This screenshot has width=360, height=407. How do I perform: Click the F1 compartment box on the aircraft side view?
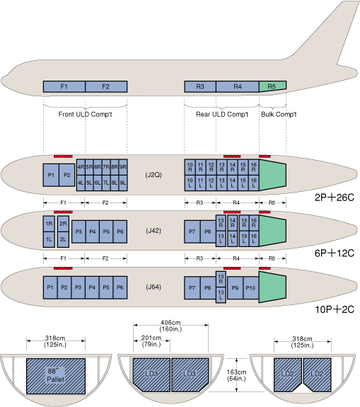click(64, 86)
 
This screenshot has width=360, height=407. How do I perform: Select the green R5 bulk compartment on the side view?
click(272, 86)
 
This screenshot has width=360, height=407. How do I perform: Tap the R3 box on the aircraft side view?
click(200, 86)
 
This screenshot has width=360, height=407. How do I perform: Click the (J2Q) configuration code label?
click(153, 175)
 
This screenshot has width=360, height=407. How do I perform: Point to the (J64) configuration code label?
click(153, 287)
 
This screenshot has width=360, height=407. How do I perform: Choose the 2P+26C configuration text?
click(335, 197)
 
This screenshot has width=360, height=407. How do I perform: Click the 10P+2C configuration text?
click(335, 309)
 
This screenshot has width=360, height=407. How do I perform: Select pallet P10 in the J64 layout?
click(251, 288)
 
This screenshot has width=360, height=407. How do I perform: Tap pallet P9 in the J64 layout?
click(235, 288)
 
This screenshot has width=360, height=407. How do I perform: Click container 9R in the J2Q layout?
click(123, 167)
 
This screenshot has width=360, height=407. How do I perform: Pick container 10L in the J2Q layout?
click(190, 183)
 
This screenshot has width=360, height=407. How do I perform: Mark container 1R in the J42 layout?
click(49, 224)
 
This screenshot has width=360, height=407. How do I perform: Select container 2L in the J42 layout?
click(63, 239)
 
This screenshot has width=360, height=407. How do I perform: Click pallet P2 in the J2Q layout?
click(67, 176)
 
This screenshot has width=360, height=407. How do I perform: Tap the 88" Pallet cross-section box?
click(56, 376)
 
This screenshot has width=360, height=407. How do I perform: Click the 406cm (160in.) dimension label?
click(170, 326)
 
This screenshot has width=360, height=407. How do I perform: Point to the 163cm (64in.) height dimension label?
click(236, 375)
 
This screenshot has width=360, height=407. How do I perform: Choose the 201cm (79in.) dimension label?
click(151, 341)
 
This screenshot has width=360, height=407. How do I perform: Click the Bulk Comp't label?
click(279, 114)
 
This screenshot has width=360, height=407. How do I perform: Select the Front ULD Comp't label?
click(85, 114)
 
